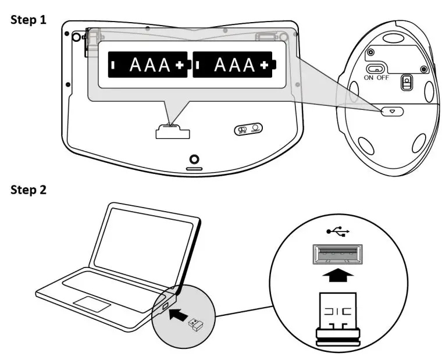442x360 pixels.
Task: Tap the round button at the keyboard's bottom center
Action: point(194,159)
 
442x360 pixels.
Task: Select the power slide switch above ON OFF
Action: point(376,67)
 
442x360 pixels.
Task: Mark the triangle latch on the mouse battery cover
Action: point(392,111)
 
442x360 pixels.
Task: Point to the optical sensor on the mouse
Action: point(407,83)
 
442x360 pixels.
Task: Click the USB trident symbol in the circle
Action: point(338,231)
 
